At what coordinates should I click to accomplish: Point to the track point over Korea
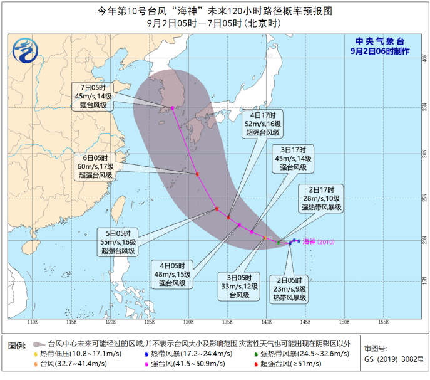(172, 108)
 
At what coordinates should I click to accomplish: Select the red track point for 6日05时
(197, 174)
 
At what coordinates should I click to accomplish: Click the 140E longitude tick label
(266, 322)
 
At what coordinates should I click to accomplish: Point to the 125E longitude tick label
(149, 322)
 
